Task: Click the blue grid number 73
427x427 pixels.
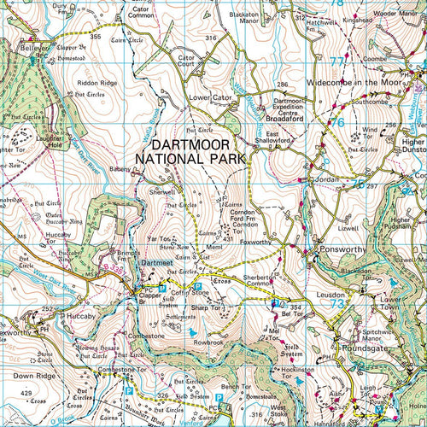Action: tap(338, 304)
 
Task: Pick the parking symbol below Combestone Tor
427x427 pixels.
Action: tap(129, 390)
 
